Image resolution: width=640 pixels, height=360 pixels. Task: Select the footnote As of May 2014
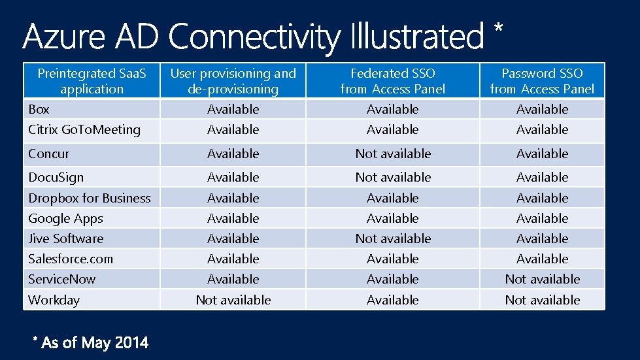coord(91,342)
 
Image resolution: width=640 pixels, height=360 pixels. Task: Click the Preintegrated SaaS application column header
coord(92,81)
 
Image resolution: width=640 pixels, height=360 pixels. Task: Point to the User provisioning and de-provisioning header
coord(233,81)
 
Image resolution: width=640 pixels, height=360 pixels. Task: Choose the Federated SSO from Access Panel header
coord(392,81)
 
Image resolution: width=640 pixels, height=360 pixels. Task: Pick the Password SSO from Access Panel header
coord(542,81)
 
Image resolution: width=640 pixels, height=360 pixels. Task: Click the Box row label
coord(39,109)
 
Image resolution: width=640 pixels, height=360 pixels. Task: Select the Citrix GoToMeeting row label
coord(84,129)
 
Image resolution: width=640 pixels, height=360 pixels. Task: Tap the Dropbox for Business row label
coord(90,198)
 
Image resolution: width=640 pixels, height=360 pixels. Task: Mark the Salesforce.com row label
coord(71,259)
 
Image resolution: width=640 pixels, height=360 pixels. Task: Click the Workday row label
coord(54,300)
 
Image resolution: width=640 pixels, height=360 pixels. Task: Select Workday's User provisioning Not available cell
coord(233,300)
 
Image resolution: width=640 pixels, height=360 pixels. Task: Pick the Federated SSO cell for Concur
coord(393,154)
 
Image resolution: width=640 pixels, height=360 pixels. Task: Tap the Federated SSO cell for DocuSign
coord(393,177)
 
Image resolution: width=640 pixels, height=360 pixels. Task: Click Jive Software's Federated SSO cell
coord(393,238)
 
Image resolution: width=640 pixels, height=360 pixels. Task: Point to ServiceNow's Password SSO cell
coord(542,279)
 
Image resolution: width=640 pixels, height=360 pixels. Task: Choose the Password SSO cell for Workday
coord(542,300)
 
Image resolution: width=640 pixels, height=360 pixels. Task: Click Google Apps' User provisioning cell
coord(233,218)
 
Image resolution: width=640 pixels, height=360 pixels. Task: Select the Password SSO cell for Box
coord(542,109)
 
